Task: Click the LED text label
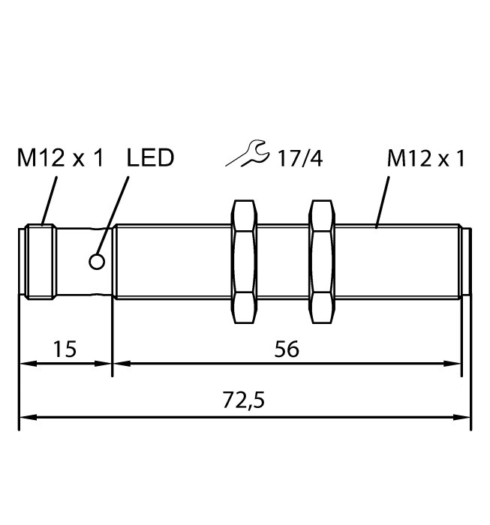150,158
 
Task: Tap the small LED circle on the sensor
97,261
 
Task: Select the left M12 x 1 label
61,158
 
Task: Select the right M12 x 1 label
426,158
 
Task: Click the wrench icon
248,154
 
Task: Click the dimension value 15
65,349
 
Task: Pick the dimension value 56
286,349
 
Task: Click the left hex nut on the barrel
243,262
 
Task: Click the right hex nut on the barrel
320,262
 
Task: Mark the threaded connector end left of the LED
38,262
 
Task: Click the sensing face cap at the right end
465,262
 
